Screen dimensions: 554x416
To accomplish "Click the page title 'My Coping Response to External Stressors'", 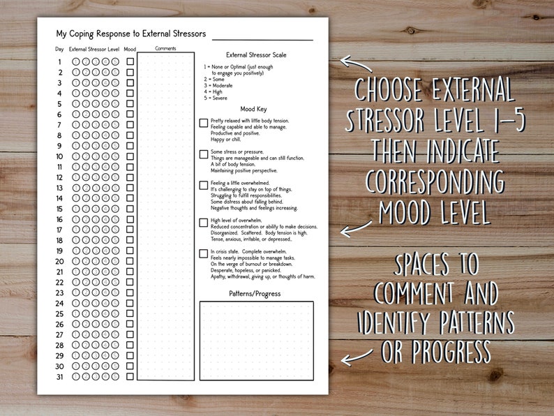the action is coord(130,34).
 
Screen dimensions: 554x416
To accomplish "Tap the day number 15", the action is coord(60,209).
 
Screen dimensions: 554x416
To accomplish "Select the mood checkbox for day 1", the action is coord(130,62).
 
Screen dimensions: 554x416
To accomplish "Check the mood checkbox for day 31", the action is coord(130,377).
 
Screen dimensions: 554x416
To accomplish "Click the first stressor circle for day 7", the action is coord(76,125).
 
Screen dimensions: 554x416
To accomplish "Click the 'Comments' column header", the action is coord(165,49).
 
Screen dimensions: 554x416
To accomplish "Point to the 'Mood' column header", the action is coord(130,50).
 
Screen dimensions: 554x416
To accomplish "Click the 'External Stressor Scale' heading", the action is coord(256,54).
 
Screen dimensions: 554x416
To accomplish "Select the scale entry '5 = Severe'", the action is coord(216,98).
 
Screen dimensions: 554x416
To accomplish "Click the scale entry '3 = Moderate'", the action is coord(218,85).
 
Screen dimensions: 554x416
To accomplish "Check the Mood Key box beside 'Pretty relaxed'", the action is coord(204,123).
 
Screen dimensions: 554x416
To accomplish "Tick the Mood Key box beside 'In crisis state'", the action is coord(204,254).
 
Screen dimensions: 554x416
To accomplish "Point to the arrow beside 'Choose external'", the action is coord(355,64).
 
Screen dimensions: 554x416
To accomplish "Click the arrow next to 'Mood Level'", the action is coord(355,228).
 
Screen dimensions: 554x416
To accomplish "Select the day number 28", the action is coord(60,346).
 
